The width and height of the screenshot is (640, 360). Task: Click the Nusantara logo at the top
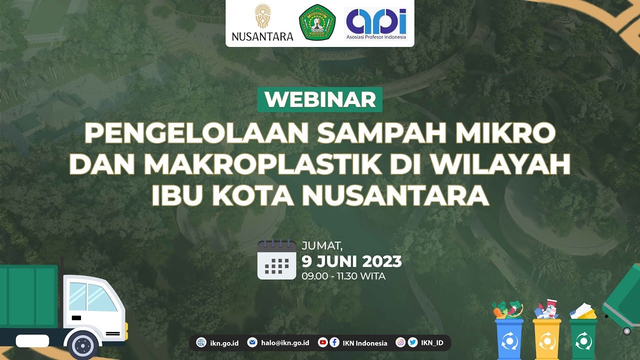click(262, 22)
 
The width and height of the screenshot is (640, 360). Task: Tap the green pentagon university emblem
click(317, 22)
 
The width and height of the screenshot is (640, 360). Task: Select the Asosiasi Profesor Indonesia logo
click(376, 23)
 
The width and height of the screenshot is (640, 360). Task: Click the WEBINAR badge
click(320, 99)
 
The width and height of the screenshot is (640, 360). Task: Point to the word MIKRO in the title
click(505, 133)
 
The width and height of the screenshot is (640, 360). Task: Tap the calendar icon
click(276, 259)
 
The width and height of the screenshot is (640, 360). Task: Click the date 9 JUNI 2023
click(351, 261)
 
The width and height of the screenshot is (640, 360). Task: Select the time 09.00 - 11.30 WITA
click(343, 276)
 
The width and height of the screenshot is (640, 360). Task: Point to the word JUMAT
click(322, 245)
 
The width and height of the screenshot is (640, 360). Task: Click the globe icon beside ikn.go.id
click(201, 342)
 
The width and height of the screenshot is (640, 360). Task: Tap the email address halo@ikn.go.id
click(285, 342)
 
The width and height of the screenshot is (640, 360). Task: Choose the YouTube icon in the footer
click(322, 342)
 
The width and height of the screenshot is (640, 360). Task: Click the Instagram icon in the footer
click(400, 342)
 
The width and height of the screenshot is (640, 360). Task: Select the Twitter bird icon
click(412, 342)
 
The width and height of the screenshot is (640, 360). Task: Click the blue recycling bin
click(509, 339)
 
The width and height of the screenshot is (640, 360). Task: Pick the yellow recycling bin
click(547, 339)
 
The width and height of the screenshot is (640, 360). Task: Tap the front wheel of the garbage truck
click(83, 345)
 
